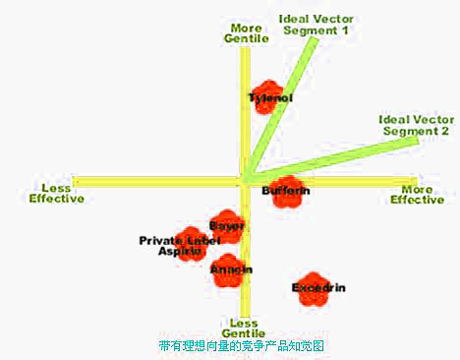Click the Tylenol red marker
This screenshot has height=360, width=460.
tap(265, 96)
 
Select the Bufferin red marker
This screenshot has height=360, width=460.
tap(286, 191)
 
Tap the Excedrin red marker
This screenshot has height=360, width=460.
tap(314, 288)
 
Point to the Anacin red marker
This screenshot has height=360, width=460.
tap(231, 270)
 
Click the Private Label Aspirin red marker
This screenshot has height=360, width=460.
tap(193, 243)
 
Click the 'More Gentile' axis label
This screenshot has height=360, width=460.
tap(245, 33)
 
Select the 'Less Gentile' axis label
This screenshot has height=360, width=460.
tap(244, 329)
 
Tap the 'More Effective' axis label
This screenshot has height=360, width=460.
tap(418, 194)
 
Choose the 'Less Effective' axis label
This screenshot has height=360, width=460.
tap(56, 193)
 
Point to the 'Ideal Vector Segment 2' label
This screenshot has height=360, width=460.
tap(414, 125)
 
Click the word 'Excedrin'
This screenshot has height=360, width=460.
tap(318, 287)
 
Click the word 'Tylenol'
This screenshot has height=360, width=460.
tap(269, 98)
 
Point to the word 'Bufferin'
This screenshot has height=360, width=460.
tap(286, 190)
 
